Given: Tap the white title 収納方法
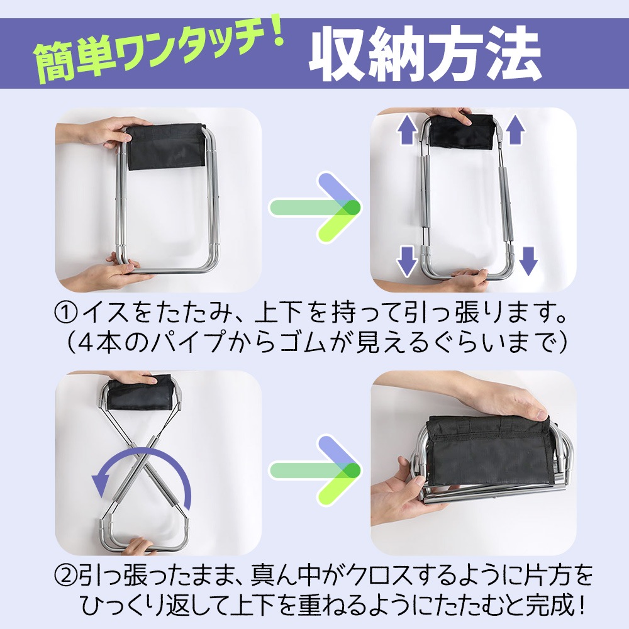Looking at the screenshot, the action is [425, 54].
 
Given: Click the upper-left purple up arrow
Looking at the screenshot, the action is [407, 129].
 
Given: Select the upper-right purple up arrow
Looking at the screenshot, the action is [515, 129].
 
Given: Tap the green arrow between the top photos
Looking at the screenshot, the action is [315, 208].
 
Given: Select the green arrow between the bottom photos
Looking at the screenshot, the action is [315, 470].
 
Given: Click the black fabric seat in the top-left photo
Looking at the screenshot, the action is [166, 146].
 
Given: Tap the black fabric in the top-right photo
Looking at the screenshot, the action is [460, 131].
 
